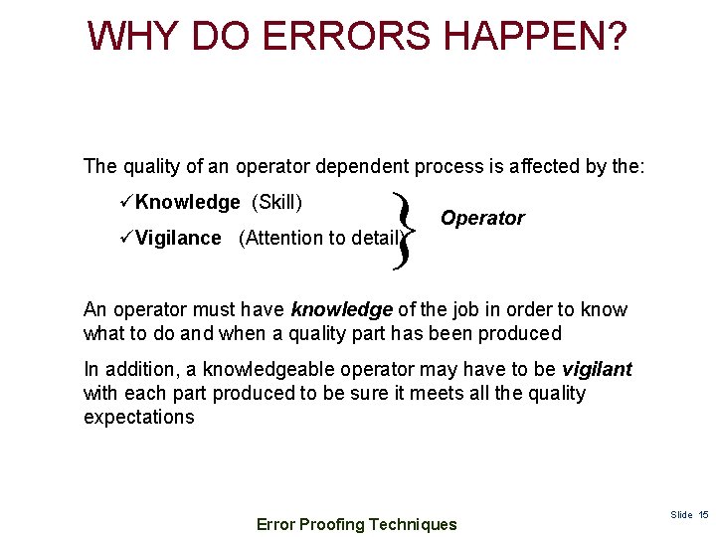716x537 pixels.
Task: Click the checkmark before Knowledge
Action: [126, 202]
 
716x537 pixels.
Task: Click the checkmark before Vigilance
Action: [126, 238]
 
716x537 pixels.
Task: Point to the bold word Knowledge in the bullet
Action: [188, 202]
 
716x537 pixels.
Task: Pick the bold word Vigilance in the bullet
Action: [179, 238]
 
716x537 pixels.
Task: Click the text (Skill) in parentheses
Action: [277, 202]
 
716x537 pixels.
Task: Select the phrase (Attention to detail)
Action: [319, 238]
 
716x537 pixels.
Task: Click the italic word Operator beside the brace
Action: [482, 218]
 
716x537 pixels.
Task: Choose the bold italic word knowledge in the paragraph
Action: [341, 309]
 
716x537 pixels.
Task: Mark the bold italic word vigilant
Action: [597, 369]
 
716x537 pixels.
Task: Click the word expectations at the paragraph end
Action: [139, 417]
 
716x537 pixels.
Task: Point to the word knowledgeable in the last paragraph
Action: [252, 369]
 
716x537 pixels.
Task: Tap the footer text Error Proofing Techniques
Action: [357, 524]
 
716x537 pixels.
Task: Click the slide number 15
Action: [703, 514]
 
